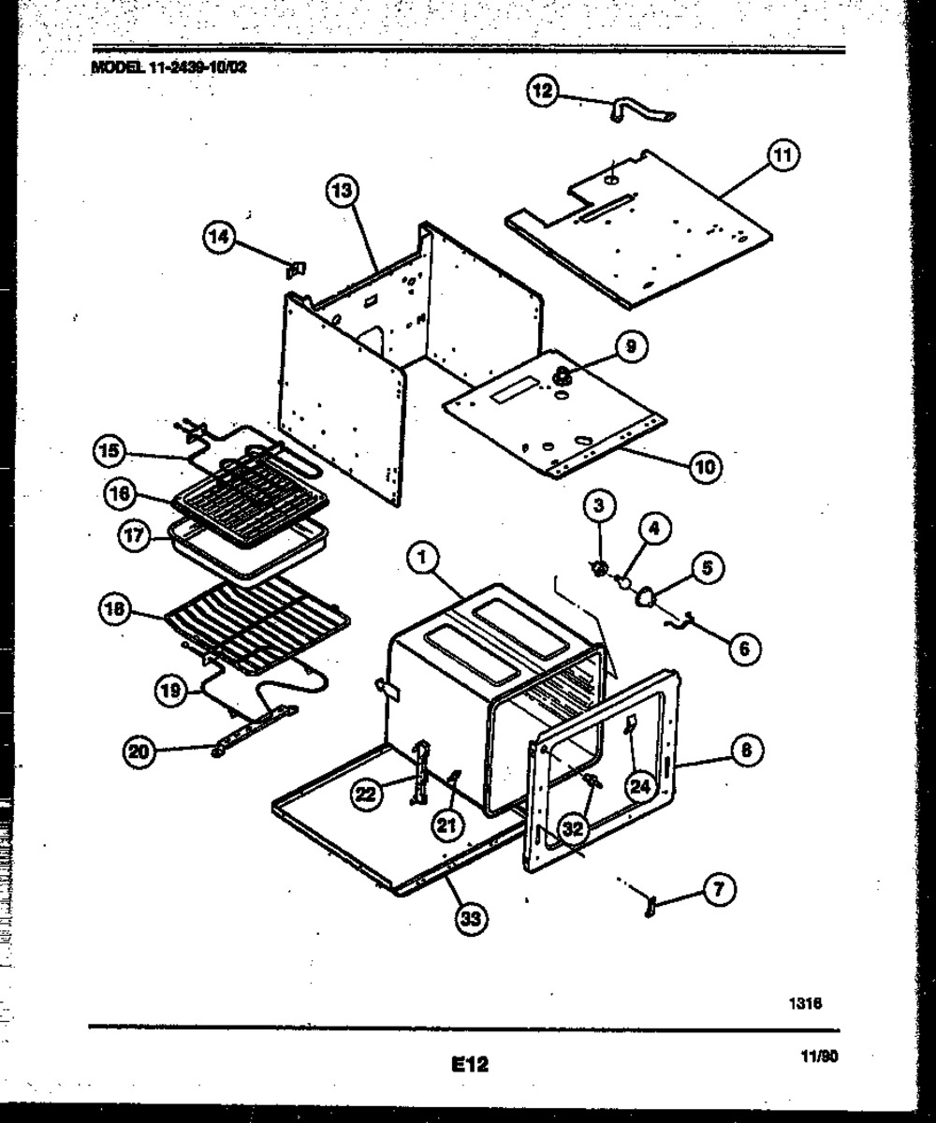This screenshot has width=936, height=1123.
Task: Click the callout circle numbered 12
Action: [544, 91]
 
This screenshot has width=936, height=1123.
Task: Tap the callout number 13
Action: [342, 192]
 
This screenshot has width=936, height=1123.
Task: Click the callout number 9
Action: [631, 347]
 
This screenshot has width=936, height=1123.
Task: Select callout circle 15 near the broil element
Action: [110, 450]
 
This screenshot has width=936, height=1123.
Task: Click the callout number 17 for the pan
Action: [136, 535]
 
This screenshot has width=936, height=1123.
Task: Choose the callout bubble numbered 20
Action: [140, 751]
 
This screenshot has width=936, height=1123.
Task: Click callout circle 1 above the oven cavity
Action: [423, 559]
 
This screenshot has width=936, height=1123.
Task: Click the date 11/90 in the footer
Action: [818, 1057]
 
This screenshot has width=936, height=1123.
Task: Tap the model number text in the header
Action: [169, 68]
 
